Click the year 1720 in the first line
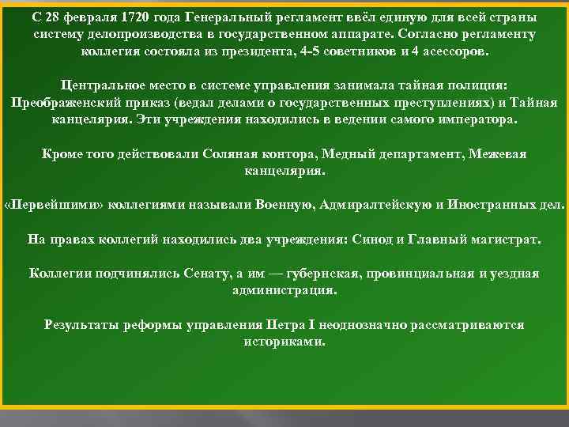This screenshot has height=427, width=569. (x=122, y=17)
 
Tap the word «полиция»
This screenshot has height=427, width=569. (x=473, y=86)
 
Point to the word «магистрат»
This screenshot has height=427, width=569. (x=499, y=239)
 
